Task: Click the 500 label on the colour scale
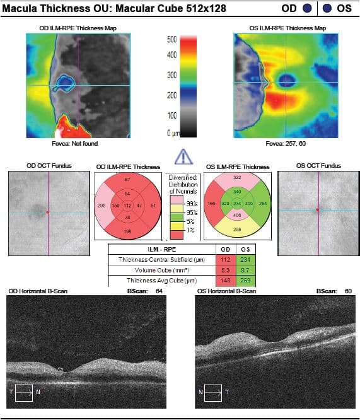(171, 39)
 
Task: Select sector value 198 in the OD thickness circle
(127, 232)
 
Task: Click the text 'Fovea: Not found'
(78, 144)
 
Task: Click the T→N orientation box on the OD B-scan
(25, 392)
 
